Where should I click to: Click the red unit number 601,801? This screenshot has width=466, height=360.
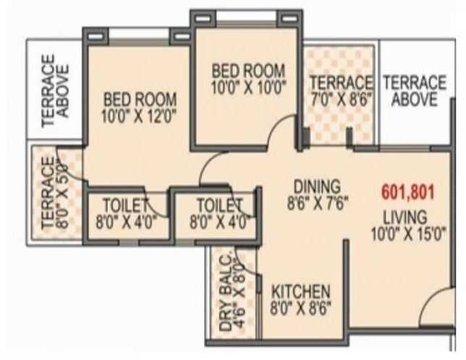407,193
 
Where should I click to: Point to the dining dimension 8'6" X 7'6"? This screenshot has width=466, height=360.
317,202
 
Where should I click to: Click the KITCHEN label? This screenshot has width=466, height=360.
301,292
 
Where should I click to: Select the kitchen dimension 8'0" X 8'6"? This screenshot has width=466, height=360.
301,307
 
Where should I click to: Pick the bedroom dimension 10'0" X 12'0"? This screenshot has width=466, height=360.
140,114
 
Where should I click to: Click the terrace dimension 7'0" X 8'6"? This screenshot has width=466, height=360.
341,99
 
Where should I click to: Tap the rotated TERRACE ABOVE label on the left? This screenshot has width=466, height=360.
56,91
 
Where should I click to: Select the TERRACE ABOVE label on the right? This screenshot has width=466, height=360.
414,91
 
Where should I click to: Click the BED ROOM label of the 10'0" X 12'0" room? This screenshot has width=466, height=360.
140,99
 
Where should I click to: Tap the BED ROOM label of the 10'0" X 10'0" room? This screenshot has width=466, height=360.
248,71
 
